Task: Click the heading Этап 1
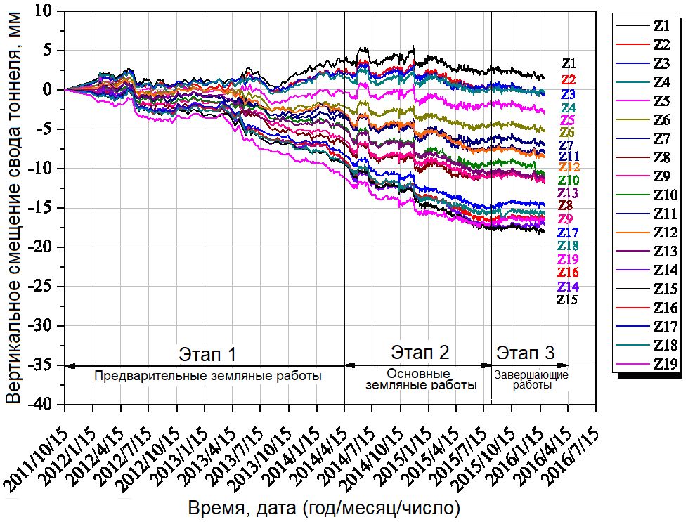(205, 352)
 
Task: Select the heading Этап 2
(420, 352)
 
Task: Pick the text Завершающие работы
(531, 380)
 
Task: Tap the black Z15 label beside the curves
(567, 300)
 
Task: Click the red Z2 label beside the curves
(569, 80)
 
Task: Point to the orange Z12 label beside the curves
(569, 167)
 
